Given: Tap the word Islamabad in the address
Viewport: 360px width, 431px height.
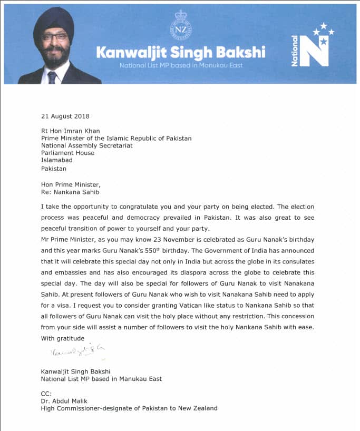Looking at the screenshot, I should pyautogui.click(x=57, y=161).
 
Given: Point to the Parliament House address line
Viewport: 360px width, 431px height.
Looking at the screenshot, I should pyautogui.click(x=67, y=153).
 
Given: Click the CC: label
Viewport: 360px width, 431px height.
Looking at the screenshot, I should pyautogui.click(x=46, y=393).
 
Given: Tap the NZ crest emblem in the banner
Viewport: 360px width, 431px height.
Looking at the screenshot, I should pyautogui.click(x=180, y=25).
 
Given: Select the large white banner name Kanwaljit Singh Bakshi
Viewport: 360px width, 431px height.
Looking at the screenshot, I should pyautogui.click(x=180, y=53).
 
